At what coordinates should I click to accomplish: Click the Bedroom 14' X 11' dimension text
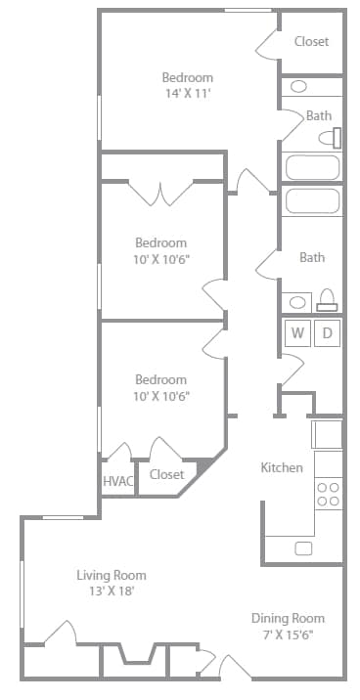pos(187,94)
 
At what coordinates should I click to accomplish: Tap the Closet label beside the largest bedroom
pos(311,41)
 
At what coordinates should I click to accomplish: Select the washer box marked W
pos(296,333)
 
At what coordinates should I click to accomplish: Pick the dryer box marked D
pos(328,333)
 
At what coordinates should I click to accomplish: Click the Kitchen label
pos(281,467)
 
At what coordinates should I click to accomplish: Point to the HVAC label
pos(117,481)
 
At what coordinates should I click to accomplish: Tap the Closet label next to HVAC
pos(166,475)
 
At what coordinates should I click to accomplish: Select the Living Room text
pos(111,575)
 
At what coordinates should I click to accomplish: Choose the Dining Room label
pos(288,618)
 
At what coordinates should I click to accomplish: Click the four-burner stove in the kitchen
pos(328,494)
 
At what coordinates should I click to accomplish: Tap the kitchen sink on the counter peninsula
pos(303,548)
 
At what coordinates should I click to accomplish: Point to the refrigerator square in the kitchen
pos(327,432)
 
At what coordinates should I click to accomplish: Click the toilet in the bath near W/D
pos(328,299)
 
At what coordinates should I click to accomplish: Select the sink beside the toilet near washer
pos(295,301)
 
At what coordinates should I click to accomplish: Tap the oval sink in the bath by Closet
pos(299,86)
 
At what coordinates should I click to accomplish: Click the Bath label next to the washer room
pos(312,258)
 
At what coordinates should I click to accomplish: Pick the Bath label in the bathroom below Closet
pos(319,115)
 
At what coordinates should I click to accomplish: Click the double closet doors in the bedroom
pos(161,193)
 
